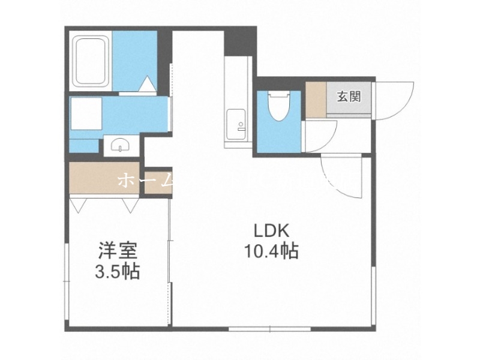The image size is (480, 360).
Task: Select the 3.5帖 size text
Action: (117, 272)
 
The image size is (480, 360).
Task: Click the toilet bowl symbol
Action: (277, 107)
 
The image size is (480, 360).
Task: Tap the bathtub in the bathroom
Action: (91, 61)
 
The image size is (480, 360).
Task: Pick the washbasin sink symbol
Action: (121, 145)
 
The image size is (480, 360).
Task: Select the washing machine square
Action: (85, 118)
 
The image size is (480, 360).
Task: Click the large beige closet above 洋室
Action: (103, 179)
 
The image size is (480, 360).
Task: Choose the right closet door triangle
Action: (130, 205)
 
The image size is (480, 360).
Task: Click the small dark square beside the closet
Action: (154, 180)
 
